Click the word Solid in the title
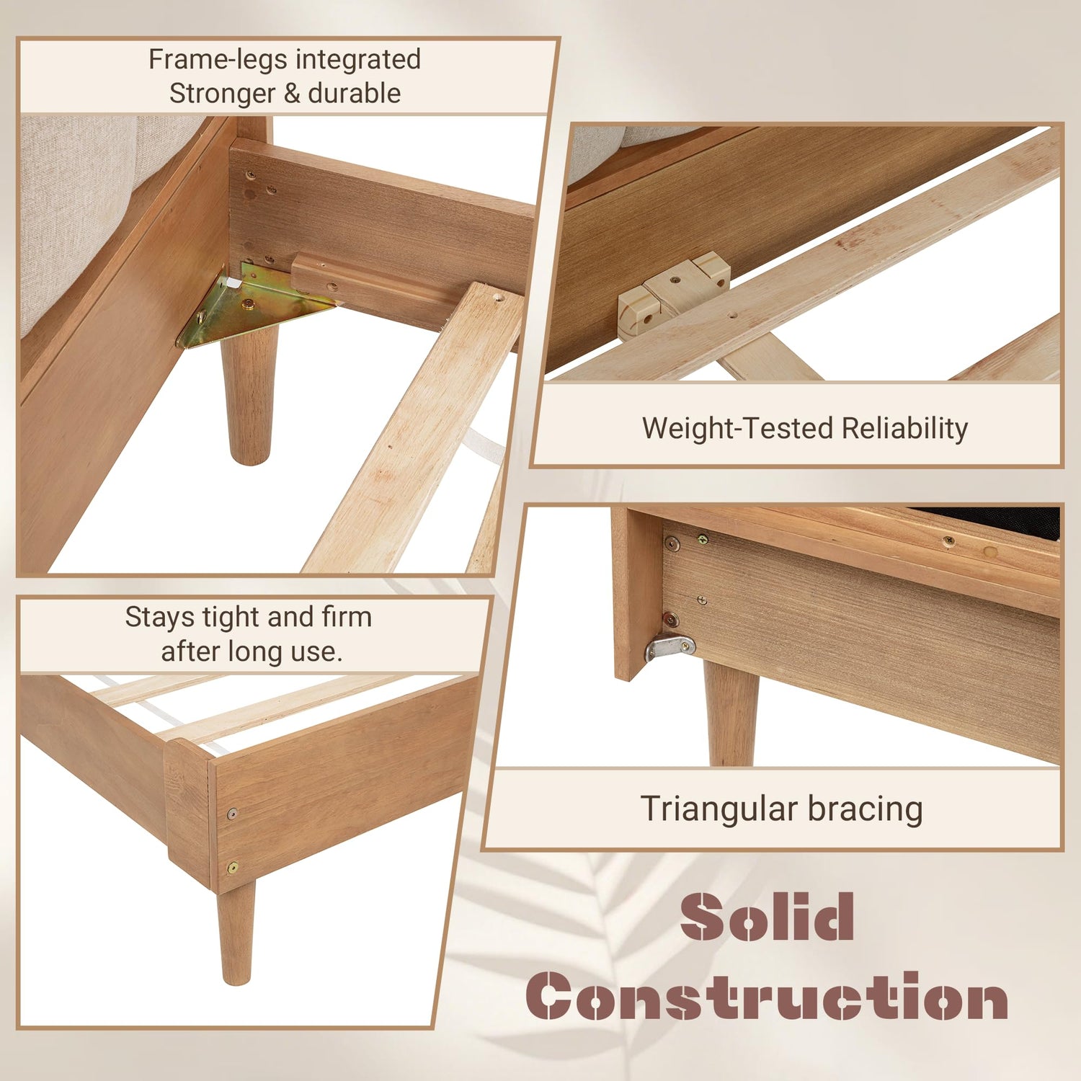click(768, 916)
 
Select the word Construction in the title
click(768, 996)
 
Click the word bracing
click(865, 809)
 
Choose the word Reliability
click(904, 428)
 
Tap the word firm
click(347, 617)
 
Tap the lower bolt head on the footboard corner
click(233, 868)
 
